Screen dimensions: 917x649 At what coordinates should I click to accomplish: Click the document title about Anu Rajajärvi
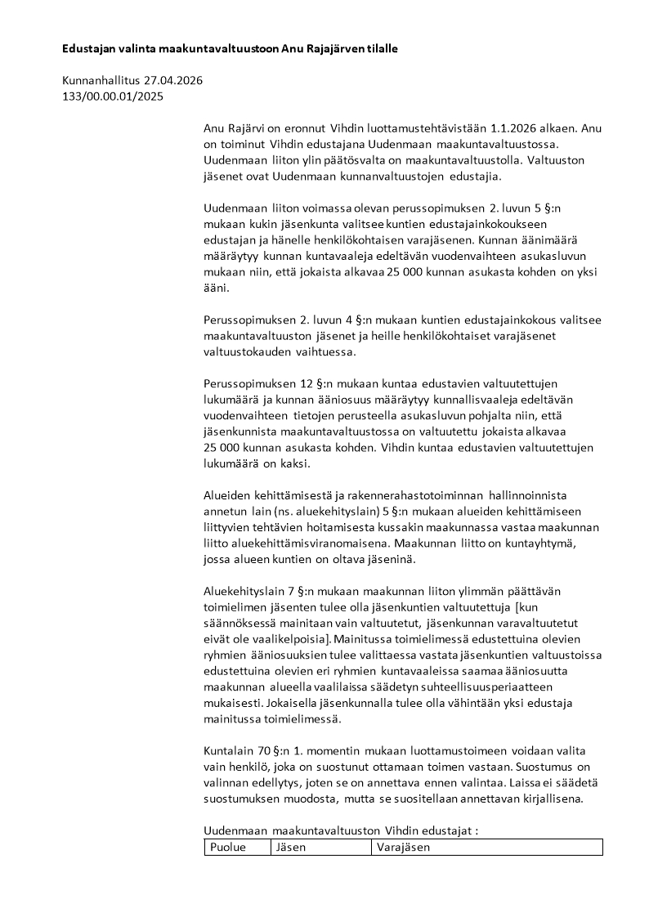pos(230,50)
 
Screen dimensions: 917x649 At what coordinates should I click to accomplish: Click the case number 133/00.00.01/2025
pos(113,96)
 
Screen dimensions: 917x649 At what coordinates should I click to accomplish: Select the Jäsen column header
pos(292,848)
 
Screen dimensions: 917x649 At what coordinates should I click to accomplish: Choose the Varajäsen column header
pos(404,848)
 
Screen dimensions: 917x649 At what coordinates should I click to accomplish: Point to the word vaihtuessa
pos(329,351)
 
